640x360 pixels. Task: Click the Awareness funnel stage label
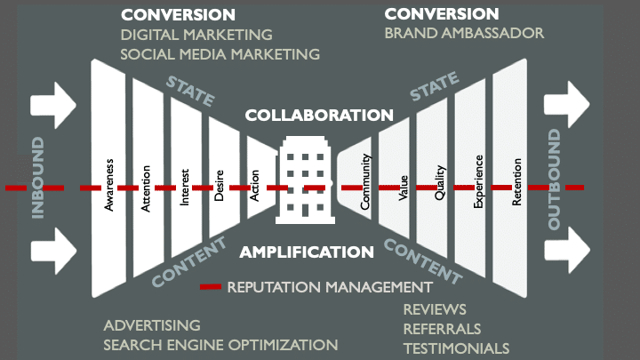point(110,182)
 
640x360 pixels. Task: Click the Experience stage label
point(478,182)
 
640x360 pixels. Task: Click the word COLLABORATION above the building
point(319,116)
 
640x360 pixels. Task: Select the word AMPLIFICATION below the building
point(307,252)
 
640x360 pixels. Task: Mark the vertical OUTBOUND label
point(555,179)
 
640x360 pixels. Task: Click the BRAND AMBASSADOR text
point(464,34)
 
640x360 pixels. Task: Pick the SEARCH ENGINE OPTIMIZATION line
point(220,345)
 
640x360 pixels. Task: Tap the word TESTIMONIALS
point(456,348)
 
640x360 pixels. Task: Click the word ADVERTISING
point(152,325)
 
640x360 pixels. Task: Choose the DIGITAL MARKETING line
point(196,36)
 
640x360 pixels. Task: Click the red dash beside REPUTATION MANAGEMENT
point(211,287)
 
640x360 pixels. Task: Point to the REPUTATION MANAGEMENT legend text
point(330,287)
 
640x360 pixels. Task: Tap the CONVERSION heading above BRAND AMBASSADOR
point(442,14)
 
